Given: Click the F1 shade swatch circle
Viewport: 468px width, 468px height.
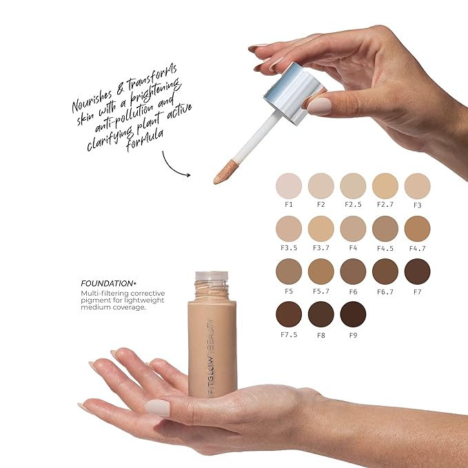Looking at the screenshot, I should [289, 185].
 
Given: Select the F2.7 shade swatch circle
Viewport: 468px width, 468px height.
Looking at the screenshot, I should [385, 185].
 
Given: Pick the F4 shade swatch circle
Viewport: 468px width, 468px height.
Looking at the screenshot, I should [353, 229].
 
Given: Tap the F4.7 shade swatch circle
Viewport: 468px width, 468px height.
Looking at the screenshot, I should [417, 229].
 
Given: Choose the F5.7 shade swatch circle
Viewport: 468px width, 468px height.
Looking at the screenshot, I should [321, 272].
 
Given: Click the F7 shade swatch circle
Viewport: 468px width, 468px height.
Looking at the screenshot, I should [417, 272].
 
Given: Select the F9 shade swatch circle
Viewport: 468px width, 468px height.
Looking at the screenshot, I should [353, 314].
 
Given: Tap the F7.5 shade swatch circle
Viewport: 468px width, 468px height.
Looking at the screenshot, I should [289, 314].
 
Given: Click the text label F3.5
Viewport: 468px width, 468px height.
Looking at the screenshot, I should [289, 247].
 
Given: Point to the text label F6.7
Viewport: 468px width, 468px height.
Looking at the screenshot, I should [385, 290].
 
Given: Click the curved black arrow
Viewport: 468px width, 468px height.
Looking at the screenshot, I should [176, 163].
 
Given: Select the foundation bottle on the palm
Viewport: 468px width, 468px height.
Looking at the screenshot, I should [212, 345].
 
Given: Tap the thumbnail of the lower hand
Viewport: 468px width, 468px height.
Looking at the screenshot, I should [157, 407].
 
